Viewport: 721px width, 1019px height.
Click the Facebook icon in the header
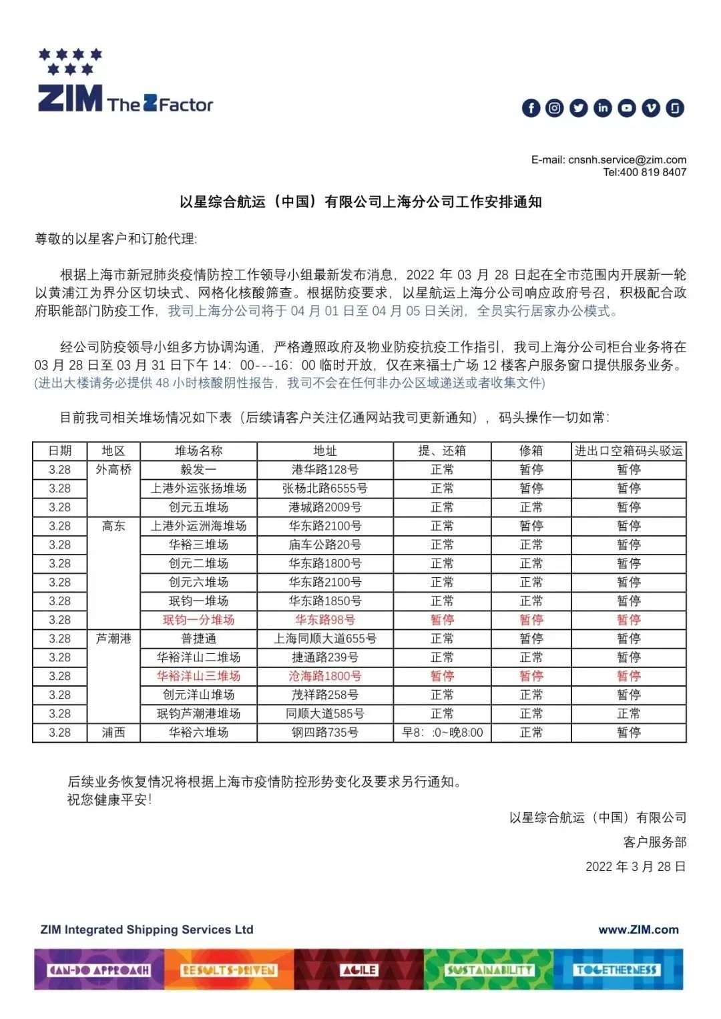click(531, 108)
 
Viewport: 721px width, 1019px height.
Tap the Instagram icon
click(555, 108)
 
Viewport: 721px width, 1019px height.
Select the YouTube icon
click(627, 108)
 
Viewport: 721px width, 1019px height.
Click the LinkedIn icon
click(603, 108)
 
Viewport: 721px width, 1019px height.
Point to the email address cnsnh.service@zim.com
click(627, 159)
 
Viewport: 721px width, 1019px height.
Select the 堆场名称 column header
click(198, 451)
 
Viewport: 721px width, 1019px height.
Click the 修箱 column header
click(531, 451)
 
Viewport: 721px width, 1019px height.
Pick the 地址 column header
click(325, 451)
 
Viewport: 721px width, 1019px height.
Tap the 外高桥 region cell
click(113, 470)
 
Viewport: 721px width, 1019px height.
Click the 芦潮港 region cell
click(113, 639)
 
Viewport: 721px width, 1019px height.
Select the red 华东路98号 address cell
click(325, 620)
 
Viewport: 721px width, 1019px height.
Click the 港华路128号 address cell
click(325, 470)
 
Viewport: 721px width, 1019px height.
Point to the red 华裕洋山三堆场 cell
click(198, 676)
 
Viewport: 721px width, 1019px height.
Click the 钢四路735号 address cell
click(325, 733)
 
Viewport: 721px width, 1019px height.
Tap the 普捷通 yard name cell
click(198, 639)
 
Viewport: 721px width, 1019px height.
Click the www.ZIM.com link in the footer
click(638, 930)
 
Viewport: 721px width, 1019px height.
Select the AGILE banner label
click(359, 970)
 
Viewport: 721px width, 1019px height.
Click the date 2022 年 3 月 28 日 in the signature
click(636, 867)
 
